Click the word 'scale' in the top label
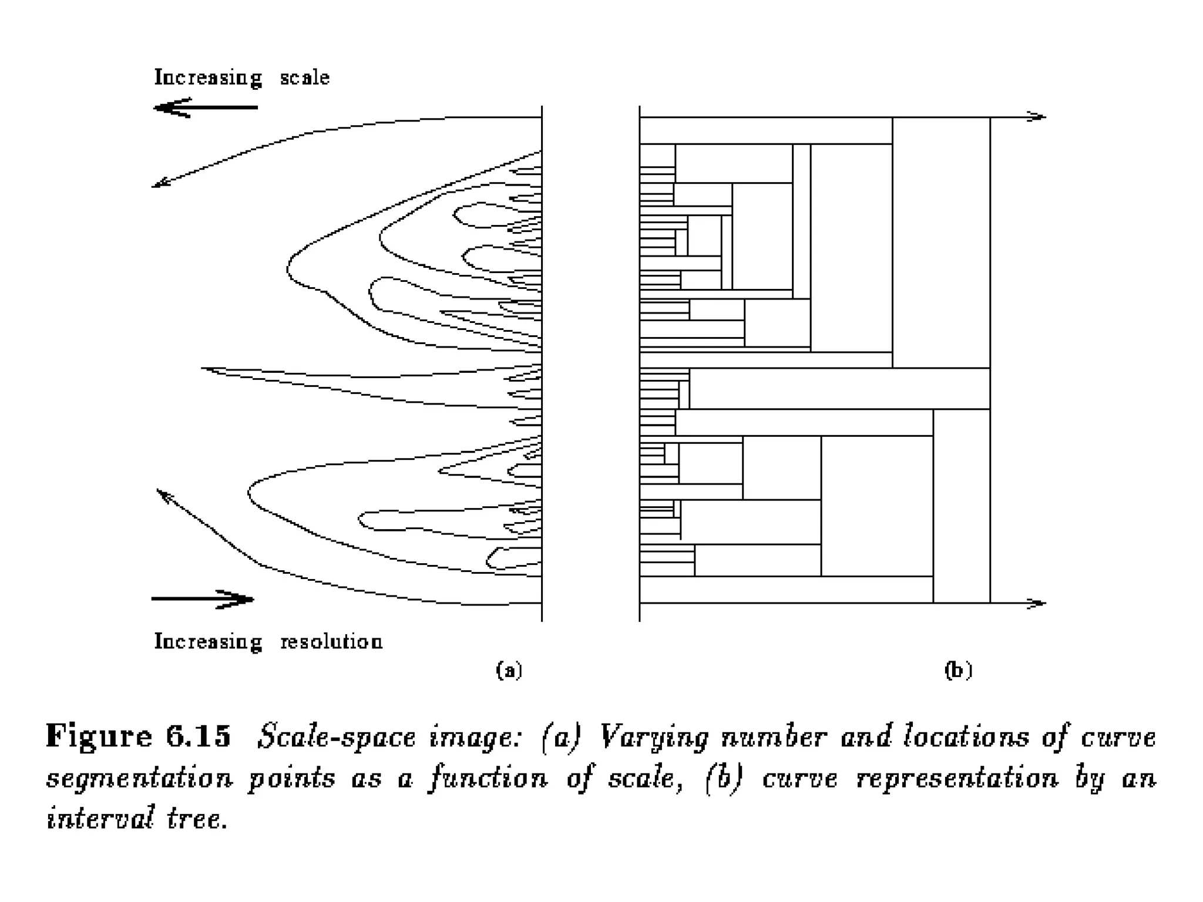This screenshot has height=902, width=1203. click(304, 78)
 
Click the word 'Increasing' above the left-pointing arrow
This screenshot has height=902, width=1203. click(208, 78)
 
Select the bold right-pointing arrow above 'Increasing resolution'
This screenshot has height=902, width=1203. click(203, 599)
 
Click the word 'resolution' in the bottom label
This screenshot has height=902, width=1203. click(331, 641)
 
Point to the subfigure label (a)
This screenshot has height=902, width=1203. click(509, 670)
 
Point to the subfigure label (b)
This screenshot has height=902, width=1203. click(958, 670)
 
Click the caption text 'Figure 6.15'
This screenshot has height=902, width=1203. click(139, 736)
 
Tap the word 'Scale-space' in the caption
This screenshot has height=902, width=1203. click(336, 738)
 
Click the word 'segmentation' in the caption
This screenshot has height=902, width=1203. click(140, 779)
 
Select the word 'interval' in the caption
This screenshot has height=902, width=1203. click(100, 817)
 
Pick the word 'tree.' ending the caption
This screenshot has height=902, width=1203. click(197, 817)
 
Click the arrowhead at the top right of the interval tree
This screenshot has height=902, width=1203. click(1039, 117)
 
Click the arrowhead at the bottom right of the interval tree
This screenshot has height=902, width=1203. click(1039, 603)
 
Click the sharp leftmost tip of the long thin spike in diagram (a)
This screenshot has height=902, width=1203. click(203, 368)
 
